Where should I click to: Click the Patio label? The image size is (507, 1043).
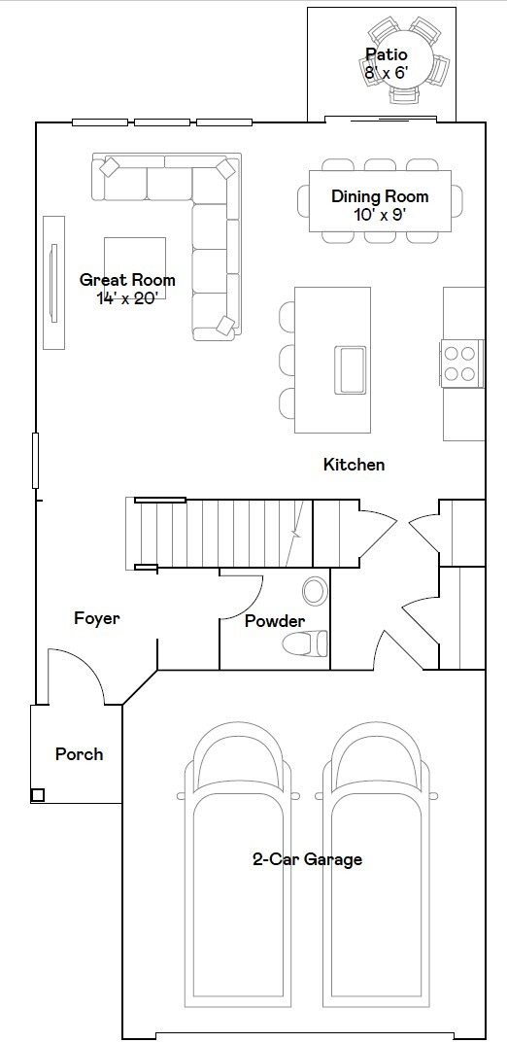click(386, 54)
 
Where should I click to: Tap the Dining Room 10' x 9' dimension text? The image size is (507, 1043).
click(379, 214)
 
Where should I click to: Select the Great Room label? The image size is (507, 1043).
click(127, 280)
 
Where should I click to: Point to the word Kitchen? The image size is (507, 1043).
click(354, 465)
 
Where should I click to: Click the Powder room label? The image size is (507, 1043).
click(274, 621)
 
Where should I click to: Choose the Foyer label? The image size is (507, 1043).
click(97, 618)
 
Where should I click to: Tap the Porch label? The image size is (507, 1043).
click(79, 753)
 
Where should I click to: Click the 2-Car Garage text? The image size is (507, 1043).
click(307, 859)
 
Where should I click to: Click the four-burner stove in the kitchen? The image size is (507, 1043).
click(460, 363)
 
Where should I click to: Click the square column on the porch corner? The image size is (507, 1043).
click(38, 794)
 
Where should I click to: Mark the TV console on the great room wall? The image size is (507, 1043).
click(53, 282)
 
